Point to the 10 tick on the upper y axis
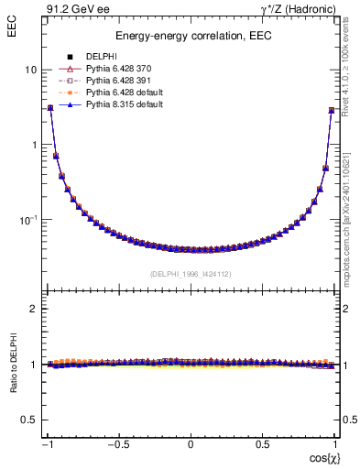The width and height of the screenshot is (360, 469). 29,70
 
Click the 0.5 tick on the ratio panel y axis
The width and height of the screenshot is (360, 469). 27,420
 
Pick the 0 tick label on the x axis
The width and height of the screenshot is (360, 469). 191,444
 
